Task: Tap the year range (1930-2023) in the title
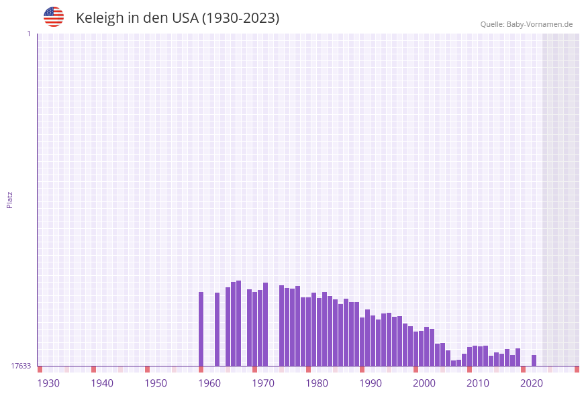tap(240, 18)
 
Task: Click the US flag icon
tap(54, 17)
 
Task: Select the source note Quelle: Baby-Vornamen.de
tap(526, 24)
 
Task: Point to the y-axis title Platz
tap(10, 199)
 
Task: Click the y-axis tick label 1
tap(28, 34)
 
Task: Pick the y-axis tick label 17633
tap(20, 366)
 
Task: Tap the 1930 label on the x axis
tap(48, 383)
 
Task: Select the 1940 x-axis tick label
tap(102, 383)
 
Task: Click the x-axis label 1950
tap(156, 383)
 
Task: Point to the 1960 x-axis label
tap(209, 383)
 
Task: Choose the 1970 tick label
tap(263, 383)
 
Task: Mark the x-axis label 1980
tap(317, 383)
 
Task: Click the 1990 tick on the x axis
tap(371, 383)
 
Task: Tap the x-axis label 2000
tap(424, 383)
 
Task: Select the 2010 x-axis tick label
tap(478, 383)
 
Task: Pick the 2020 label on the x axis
tap(532, 383)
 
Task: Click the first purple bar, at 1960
tap(201, 329)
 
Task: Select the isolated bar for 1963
tap(217, 329)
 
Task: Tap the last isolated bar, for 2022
tap(534, 360)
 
